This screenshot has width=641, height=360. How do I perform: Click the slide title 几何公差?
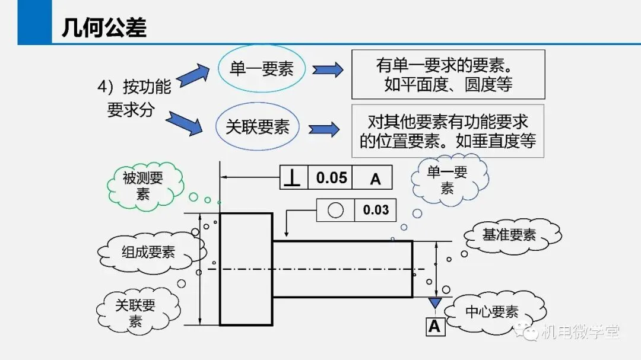(104, 28)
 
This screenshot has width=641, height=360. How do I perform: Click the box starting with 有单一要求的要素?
(449, 74)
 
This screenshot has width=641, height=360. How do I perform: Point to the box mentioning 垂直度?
(448, 131)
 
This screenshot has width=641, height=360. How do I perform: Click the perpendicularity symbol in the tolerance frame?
(293, 177)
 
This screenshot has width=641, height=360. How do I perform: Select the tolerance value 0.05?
(332, 178)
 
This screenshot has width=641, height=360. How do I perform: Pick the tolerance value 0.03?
(376, 210)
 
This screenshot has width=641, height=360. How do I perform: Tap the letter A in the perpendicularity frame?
(375, 179)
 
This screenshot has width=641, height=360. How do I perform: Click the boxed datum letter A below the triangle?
(435, 327)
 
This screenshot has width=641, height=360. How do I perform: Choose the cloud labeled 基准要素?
(511, 235)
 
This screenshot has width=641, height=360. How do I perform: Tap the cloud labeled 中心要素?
(494, 312)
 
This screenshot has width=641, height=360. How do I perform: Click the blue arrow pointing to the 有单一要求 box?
(328, 69)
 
